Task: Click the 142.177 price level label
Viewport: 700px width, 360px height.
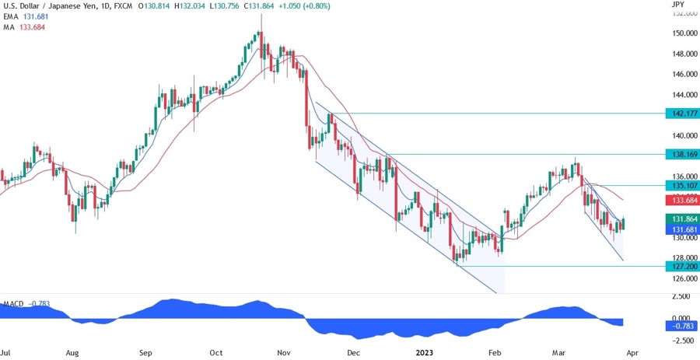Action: (681, 114)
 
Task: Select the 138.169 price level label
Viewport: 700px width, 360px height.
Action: (681, 154)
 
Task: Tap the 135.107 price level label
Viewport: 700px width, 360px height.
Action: (681, 186)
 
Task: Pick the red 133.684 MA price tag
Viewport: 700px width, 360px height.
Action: (681, 201)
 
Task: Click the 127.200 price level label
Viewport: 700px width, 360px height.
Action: (681, 266)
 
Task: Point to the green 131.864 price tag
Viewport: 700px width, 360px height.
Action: (681, 219)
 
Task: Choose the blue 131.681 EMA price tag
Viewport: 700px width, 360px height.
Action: (681, 229)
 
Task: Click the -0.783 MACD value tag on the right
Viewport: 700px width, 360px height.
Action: (681, 326)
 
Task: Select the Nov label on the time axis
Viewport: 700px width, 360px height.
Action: (283, 352)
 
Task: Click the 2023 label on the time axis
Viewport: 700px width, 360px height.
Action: (425, 352)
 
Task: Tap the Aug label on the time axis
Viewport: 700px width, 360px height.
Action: (72, 352)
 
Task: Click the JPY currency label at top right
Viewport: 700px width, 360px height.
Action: (677, 5)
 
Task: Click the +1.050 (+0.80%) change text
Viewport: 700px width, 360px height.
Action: (300, 6)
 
